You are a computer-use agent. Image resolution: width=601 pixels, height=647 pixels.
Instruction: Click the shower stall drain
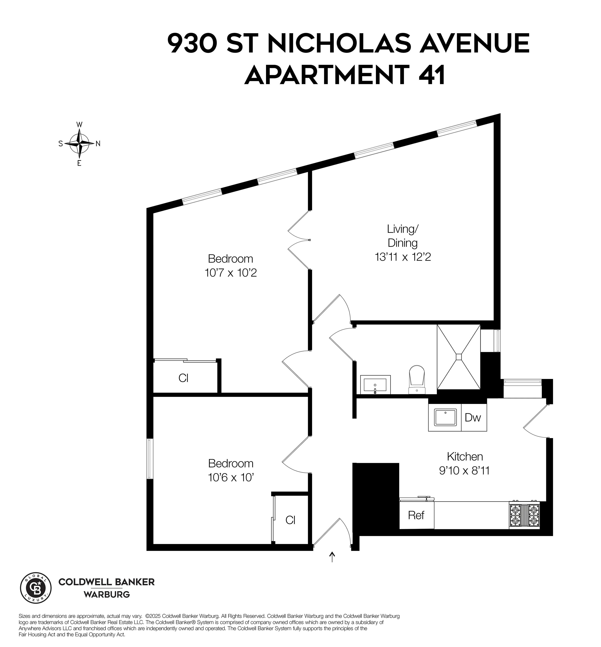[x=458, y=357]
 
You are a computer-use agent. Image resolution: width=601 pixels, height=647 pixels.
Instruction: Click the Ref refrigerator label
[x=416, y=515]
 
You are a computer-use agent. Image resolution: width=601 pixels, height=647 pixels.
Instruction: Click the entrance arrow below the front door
[x=332, y=557]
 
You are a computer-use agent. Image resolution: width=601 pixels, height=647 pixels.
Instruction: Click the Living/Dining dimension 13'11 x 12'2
[x=403, y=257]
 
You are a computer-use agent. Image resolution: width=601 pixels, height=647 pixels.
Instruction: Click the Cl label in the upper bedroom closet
[x=183, y=378]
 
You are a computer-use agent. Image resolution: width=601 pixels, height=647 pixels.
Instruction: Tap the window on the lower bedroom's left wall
[x=150, y=459]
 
